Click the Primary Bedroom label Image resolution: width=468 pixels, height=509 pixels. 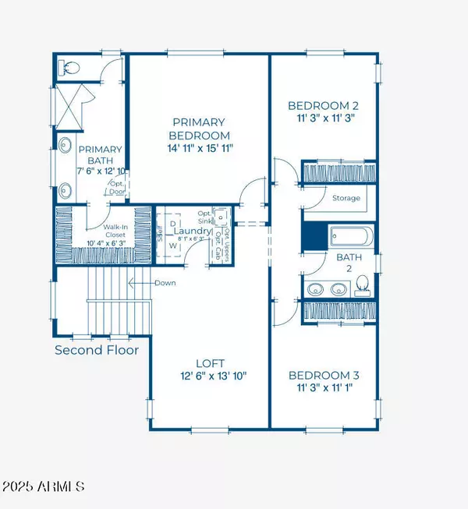point(199,128)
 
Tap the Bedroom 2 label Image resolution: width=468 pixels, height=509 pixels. point(324,106)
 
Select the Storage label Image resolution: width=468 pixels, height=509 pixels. point(346,198)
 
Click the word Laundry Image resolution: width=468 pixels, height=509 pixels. point(194,232)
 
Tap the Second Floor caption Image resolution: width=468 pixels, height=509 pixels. point(97,350)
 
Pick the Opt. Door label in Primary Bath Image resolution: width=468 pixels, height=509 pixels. point(117,188)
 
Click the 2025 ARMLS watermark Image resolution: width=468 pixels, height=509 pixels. point(45,487)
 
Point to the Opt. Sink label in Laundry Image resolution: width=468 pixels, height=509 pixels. point(205,217)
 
